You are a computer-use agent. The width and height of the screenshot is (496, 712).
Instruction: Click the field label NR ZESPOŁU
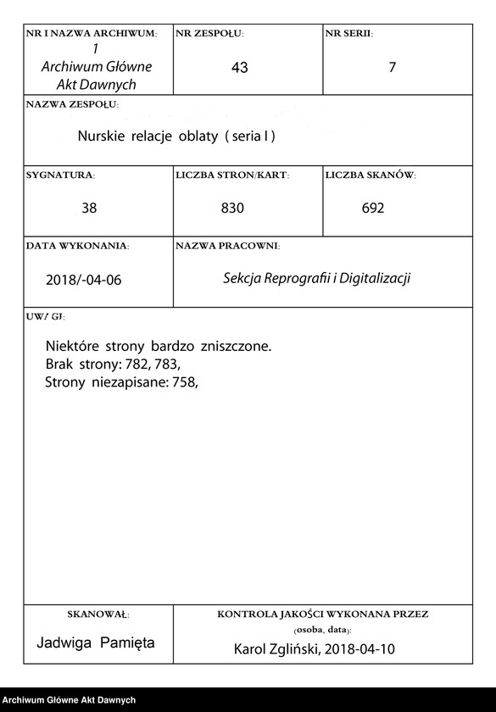[209, 34]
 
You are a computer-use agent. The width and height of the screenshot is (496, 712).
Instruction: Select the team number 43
[239, 68]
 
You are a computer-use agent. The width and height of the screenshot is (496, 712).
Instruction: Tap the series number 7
[393, 68]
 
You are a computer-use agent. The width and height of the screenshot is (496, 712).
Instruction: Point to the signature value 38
[89, 208]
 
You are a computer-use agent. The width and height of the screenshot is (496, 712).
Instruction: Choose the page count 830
[232, 208]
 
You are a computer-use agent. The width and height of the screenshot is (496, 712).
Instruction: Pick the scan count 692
[372, 208]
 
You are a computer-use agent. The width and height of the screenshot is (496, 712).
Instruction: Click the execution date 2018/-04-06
[83, 279]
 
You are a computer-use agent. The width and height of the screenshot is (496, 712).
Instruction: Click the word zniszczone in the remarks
[236, 346]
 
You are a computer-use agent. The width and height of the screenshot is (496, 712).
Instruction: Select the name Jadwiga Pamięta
[96, 642]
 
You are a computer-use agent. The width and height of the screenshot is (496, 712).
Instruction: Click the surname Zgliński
[297, 649]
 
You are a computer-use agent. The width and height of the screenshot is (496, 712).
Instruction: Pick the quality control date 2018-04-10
[362, 649]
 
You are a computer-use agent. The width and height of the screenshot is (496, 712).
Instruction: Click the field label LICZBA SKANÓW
[370, 175]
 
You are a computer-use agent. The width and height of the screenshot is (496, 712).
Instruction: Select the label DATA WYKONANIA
[77, 246]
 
